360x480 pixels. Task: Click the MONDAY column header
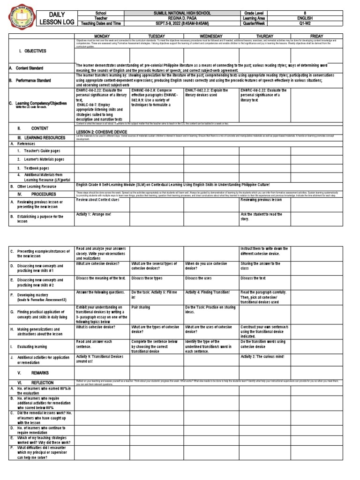pos(102,36)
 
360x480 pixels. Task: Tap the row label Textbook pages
pos(33,168)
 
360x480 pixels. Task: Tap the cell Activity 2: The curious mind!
pos(262,357)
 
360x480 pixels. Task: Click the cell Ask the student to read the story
pos(262,217)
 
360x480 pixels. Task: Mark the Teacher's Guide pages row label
pos(39,151)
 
